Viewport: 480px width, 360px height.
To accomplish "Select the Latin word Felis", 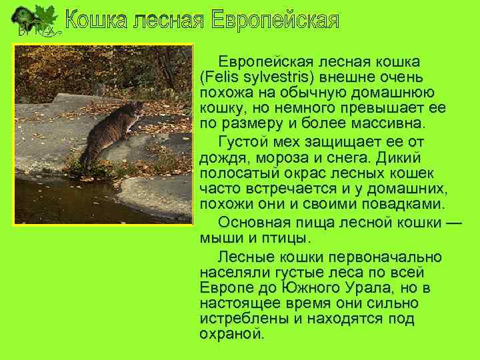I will (x=223, y=77).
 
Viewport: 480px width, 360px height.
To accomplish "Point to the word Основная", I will (x=256, y=222).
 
